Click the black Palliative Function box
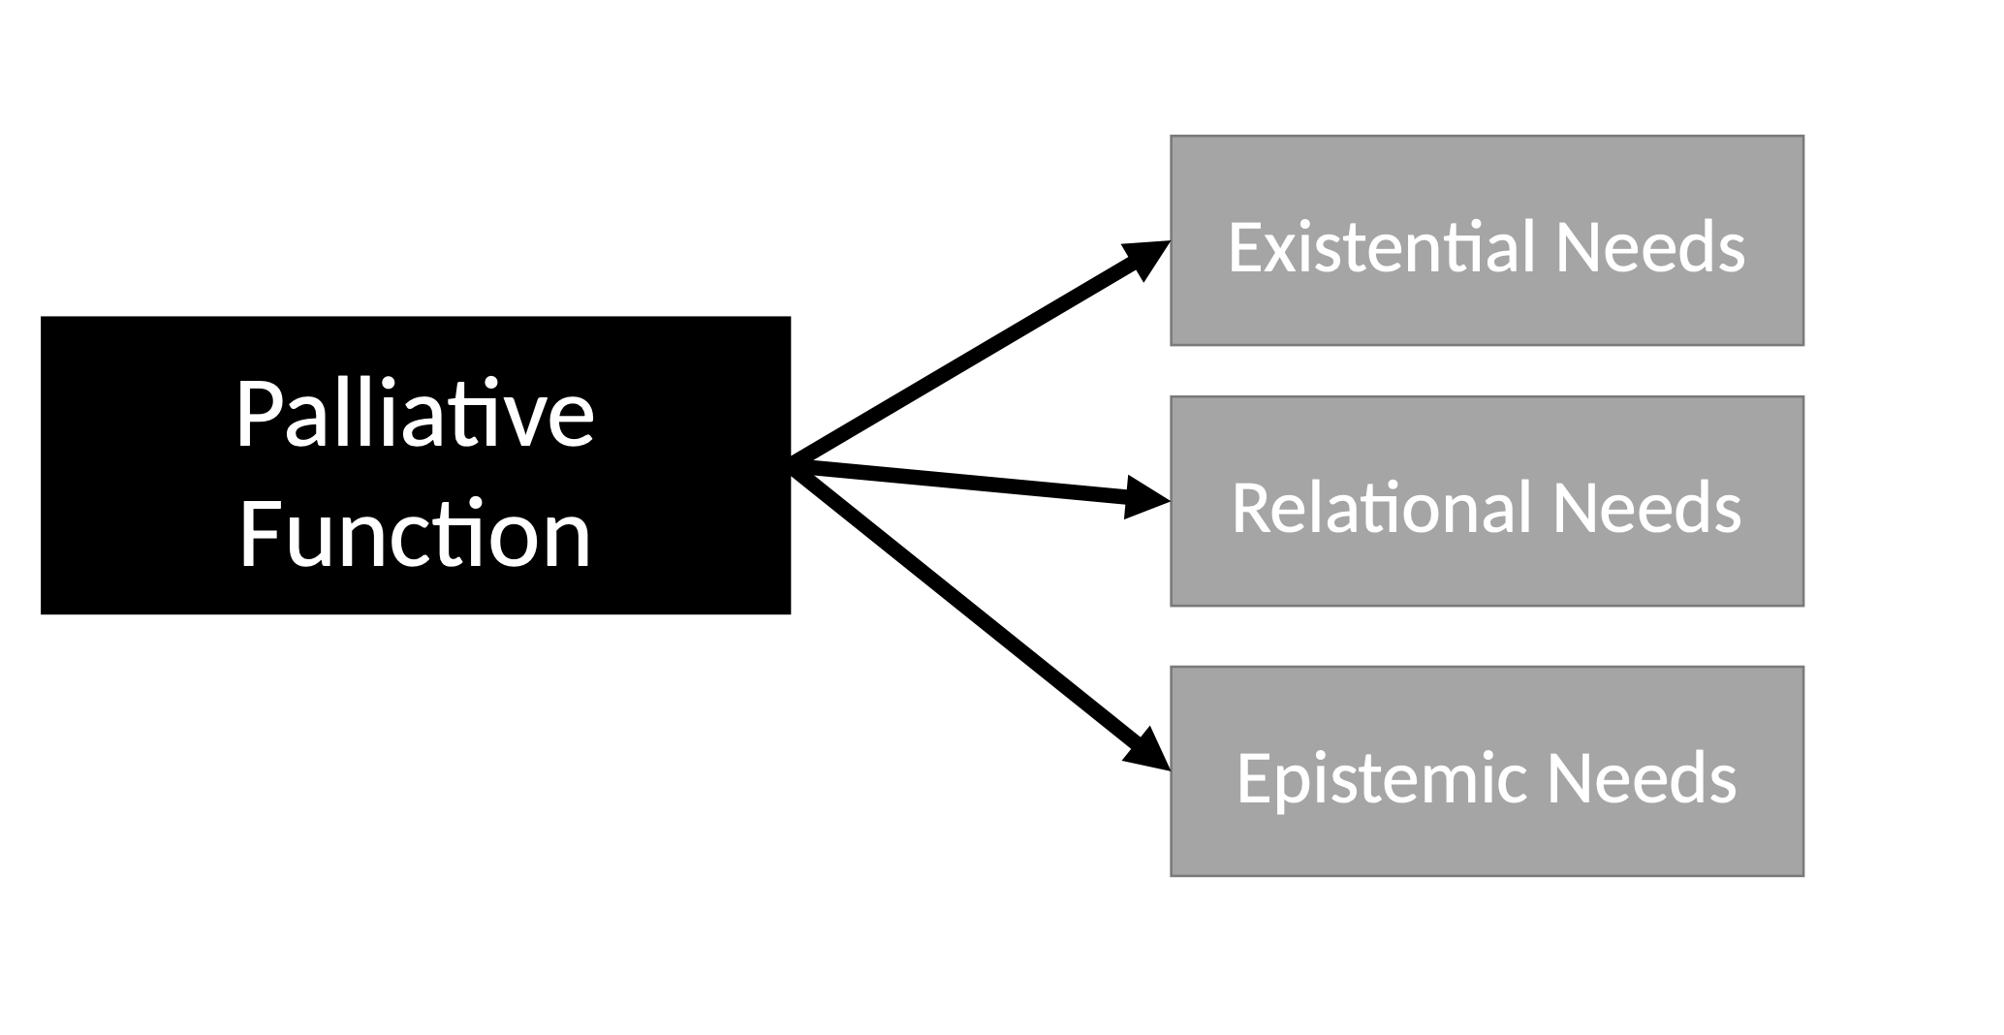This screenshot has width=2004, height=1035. (415, 465)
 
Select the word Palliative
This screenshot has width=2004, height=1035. (414, 415)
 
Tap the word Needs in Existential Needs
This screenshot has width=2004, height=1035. (1649, 247)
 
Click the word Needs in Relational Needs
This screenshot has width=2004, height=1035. (1646, 508)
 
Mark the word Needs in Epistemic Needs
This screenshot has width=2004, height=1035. (1642, 778)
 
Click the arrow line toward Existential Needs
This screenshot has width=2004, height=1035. (969, 357)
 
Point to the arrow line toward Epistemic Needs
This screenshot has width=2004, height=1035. (969, 615)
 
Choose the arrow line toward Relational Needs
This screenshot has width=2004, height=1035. (969, 482)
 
